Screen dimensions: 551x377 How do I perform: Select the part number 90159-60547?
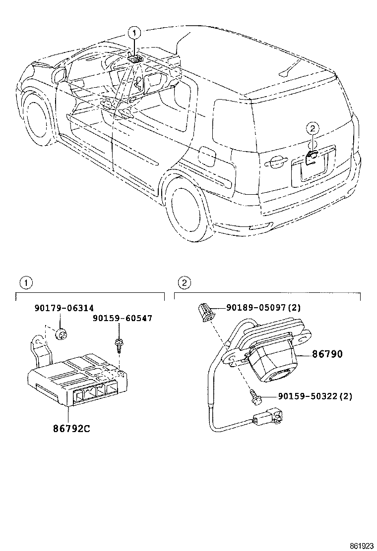[122, 318]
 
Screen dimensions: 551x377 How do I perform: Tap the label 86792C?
[71, 428]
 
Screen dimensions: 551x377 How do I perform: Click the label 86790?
[327, 355]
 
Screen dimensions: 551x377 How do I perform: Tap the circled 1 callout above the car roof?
[134, 33]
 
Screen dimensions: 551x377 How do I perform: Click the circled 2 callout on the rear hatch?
[312, 129]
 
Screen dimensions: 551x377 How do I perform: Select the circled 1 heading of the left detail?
[25, 283]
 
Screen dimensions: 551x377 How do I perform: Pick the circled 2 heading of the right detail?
[184, 283]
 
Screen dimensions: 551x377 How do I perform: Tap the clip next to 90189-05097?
[205, 312]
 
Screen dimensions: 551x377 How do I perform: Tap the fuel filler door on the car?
[206, 155]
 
